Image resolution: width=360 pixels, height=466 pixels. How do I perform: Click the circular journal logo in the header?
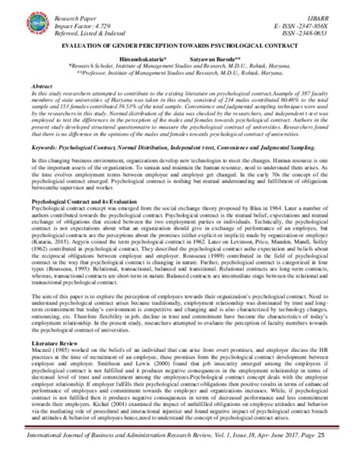click(33, 19)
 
